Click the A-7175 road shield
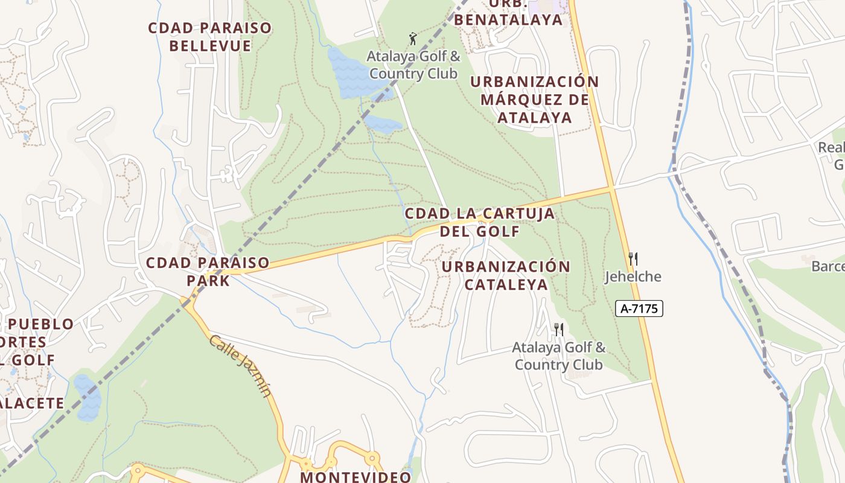[639, 309]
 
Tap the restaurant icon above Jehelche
[633, 259]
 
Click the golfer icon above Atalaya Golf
[413, 39]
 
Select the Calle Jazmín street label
[241, 366]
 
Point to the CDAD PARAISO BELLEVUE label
[209, 37]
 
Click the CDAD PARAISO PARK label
[208, 272]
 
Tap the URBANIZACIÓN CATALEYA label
[506, 275]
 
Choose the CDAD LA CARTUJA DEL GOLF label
[479, 222]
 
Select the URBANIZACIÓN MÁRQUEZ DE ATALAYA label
[535, 99]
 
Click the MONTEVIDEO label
[356, 476]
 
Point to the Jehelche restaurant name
[633, 277]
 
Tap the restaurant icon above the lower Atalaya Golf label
[558, 330]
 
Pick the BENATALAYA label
[508, 19]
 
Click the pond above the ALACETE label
[88, 397]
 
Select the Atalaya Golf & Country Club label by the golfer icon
[413, 65]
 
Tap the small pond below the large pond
[383, 124]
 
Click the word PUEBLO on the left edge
[42, 324]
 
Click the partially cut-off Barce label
[827, 266]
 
